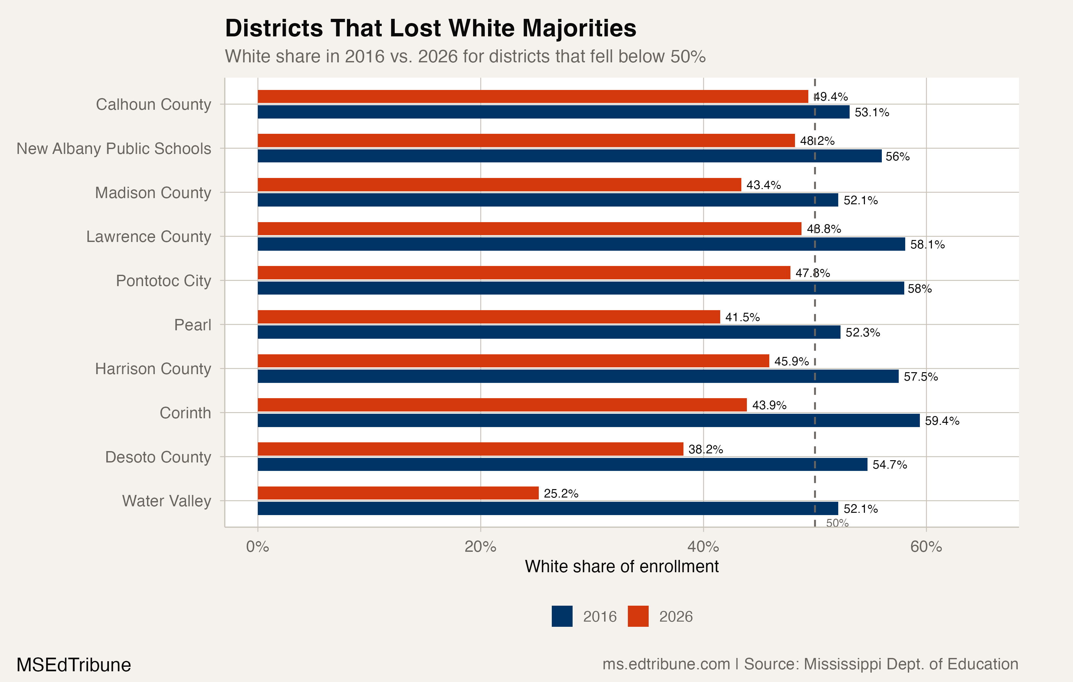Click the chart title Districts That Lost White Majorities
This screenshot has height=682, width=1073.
click(431, 29)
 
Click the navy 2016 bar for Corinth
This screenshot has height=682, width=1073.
click(588, 420)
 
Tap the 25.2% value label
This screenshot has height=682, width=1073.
click(561, 493)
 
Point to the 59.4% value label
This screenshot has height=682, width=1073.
click(942, 421)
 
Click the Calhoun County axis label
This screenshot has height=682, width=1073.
click(153, 104)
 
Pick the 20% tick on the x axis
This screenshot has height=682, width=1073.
click(480, 547)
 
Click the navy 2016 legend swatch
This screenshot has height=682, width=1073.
click(562, 616)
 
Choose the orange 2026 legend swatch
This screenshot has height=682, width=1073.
click(638, 616)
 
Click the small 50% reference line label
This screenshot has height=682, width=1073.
click(837, 523)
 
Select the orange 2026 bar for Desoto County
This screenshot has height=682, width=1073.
click(470, 449)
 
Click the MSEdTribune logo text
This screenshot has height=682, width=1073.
click(73, 665)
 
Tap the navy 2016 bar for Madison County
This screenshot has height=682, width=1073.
click(547, 200)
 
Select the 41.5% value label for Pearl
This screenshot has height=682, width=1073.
click(742, 317)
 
